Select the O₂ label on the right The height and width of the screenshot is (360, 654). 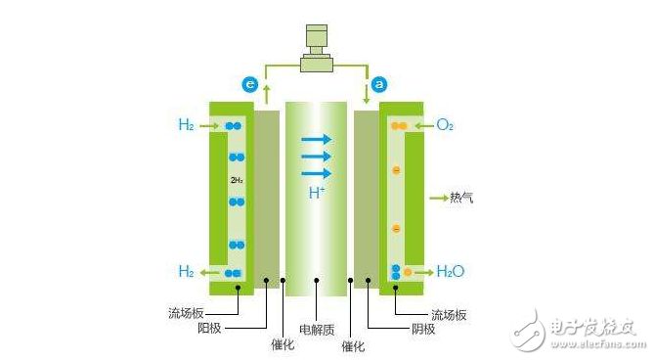click(x=445, y=125)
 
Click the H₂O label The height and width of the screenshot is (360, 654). click(x=450, y=271)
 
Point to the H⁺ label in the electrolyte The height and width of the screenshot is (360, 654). click(x=317, y=193)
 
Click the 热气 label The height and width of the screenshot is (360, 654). click(x=461, y=198)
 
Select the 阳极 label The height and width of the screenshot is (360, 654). click(x=237, y=328)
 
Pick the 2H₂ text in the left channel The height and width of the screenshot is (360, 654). click(x=236, y=180)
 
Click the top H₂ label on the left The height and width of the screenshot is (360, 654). click(x=186, y=125)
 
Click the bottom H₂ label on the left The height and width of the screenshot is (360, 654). click(x=186, y=271)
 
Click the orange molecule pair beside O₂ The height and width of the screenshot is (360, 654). click(x=398, y=126)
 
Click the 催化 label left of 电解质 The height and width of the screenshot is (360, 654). click(x=283, y=344)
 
